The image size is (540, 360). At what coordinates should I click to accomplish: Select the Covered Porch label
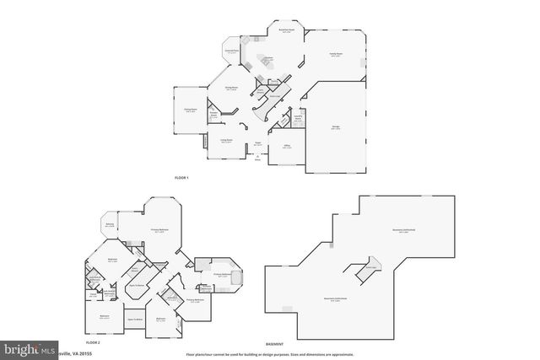[230, 52]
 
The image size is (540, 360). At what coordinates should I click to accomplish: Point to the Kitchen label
[267, 58]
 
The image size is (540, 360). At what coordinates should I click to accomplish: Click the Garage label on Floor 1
[335, 128]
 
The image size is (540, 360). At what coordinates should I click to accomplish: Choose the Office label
[287, 146]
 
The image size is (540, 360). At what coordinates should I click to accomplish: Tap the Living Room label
[227, 140]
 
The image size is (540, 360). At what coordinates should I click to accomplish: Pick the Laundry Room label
[298, 119]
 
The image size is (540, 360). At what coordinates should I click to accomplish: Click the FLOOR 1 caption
[181, 177]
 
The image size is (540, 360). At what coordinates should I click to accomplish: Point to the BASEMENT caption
[274, 344]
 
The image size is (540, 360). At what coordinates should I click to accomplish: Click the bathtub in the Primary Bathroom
[233, 279]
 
